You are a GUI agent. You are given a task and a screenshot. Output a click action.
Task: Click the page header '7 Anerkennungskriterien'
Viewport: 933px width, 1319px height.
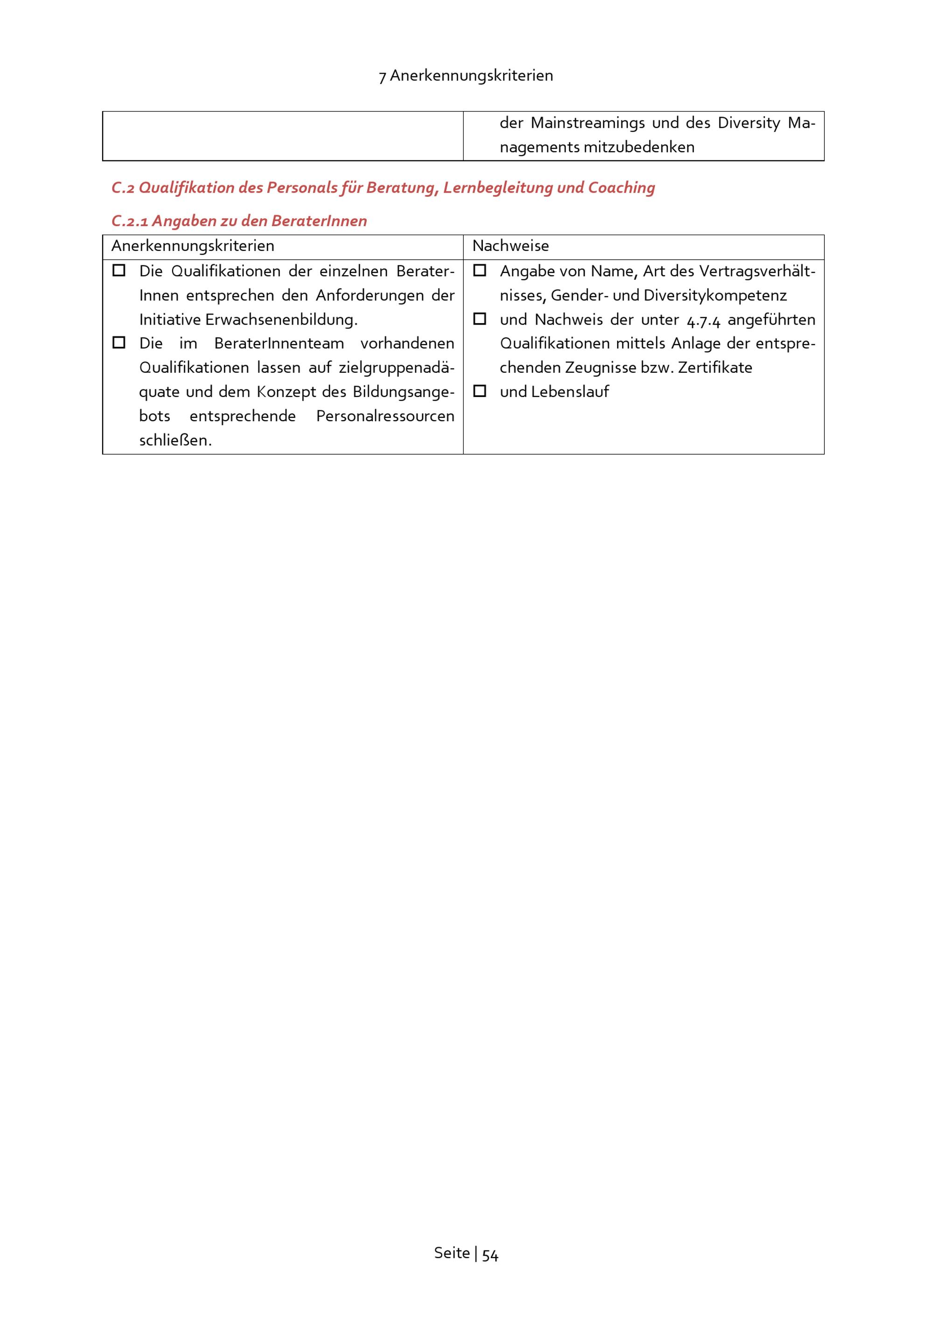pos(466,76)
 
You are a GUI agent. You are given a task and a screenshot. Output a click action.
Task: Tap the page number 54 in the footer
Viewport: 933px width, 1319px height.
pos(490,1254)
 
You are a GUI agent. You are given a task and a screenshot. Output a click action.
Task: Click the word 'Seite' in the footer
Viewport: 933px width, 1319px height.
pos(452,1253)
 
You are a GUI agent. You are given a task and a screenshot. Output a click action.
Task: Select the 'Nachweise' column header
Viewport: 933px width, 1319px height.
pos(510,246)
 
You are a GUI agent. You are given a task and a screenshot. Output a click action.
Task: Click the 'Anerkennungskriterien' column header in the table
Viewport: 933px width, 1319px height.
pos(193,246)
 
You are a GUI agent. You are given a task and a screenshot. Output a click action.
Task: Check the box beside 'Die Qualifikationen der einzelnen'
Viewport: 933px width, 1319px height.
pos(119,271)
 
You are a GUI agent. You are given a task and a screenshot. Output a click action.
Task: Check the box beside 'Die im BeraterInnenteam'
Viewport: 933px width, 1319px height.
pos(119,343)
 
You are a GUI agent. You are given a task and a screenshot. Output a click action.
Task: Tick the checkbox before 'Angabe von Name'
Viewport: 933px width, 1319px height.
pos(480,271)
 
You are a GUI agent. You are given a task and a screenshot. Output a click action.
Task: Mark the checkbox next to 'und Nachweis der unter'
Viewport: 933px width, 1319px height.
pos(480,319)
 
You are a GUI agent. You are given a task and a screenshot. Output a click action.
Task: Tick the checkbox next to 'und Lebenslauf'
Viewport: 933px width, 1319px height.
pos(480,391)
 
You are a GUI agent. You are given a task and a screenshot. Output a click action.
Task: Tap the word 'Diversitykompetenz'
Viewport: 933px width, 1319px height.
pos(715,295)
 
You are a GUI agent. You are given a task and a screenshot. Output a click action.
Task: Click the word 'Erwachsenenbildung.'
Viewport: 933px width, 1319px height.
pos(281,319)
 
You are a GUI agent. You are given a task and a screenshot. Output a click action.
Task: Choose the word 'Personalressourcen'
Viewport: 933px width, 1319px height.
pos(385,416)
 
